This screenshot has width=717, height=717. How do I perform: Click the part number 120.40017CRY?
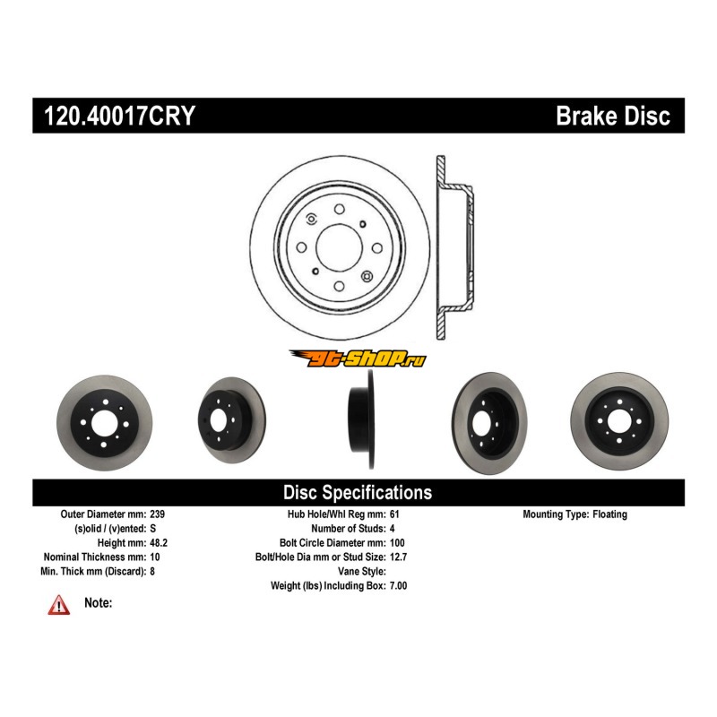pyautogui.click(x=119, y=116)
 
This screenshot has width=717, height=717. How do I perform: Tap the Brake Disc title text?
pyautogui.click(x=613, y=116)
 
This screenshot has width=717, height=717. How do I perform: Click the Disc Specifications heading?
pyautogui.click(x=358, y=492)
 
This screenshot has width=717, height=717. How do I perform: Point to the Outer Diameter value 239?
pyautogui.click(x=158, y=514)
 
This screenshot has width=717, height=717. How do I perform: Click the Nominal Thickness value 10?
pyautogui.click(x=155, y=557)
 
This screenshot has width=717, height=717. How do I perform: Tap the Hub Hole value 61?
pyautogui.click(x=396, y=514)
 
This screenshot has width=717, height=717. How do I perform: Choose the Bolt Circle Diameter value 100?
pyautogui.click(x=399, y=543)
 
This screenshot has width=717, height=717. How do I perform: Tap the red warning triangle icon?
pyautogui.click(x=59, y=605)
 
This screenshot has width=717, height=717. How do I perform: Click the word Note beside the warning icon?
pyautogui.click(x=98, y=603)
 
